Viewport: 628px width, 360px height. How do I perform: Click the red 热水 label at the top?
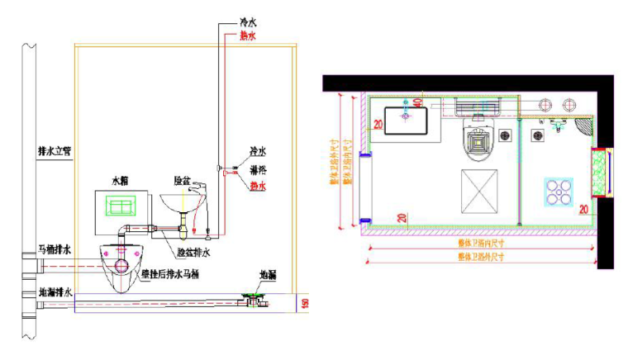248,36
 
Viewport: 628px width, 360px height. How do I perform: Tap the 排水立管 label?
55,151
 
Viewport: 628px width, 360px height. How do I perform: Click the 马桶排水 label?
55,248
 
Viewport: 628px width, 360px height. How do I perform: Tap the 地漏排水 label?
55,291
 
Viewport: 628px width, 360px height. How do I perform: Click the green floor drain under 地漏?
252,294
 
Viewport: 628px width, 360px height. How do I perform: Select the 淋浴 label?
257,169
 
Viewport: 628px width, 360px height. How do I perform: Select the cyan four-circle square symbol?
559,192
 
